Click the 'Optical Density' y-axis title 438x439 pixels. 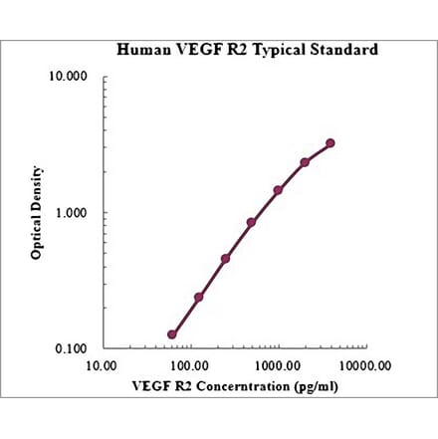pyautogui.click(x=37, y=213)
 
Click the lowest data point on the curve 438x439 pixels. pyautogui.click(x=172, y=334)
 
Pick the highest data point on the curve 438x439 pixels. pyautogui.click(x=330, y=143)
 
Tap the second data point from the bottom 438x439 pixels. pyautogui.click(x=199, y=297)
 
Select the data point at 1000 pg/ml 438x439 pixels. pyautogui.click(x=278, y=190)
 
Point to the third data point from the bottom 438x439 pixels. pyautogui.click(x=225, y=259)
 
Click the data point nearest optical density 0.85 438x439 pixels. pyautogui.click(x=251, y=222)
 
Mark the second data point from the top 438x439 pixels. pyautogui.click(x=305, y=162)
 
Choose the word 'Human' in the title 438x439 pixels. pyautogui.click(x=140, y=49)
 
